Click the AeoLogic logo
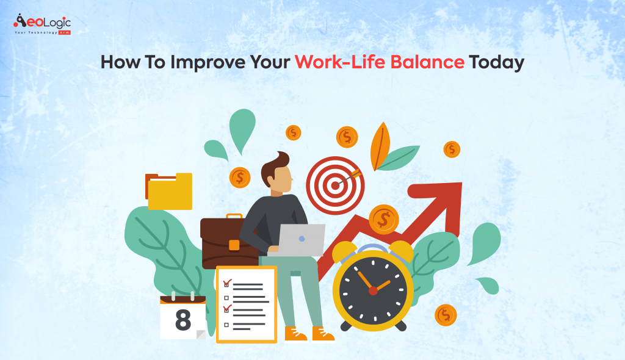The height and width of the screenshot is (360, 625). [x=42, y=24]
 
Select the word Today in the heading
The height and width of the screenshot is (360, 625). [x=496, y=63]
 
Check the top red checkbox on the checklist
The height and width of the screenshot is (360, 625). [x=226, y=283]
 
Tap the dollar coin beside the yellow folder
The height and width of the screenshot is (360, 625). [x=240, y=178]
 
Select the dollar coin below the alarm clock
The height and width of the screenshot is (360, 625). [x=446, y=315]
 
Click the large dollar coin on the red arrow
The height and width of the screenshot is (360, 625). [x=384, y=219]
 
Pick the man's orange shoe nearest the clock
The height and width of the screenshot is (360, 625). [x=323, y=334]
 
